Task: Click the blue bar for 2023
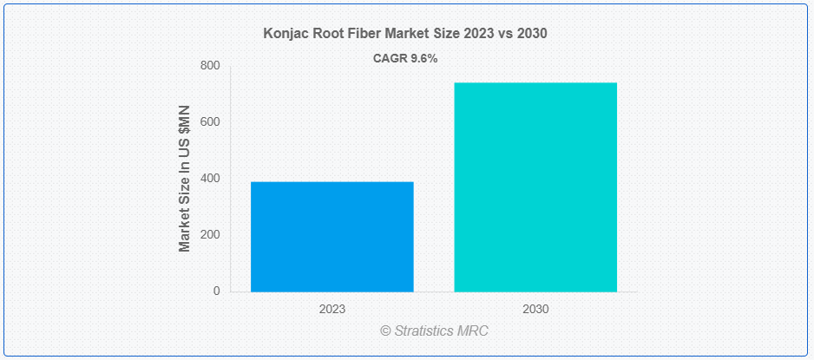[x=332, y=236]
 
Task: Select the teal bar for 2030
[x=535, y=187]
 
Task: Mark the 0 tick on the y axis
[x=216, y=291]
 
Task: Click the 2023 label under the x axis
[x=332, y=309]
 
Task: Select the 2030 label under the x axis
[x=535, y=309]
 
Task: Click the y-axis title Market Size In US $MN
[x=184, y=179]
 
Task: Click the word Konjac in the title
[x=286, y=33]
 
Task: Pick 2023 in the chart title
[x=478, y=33]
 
